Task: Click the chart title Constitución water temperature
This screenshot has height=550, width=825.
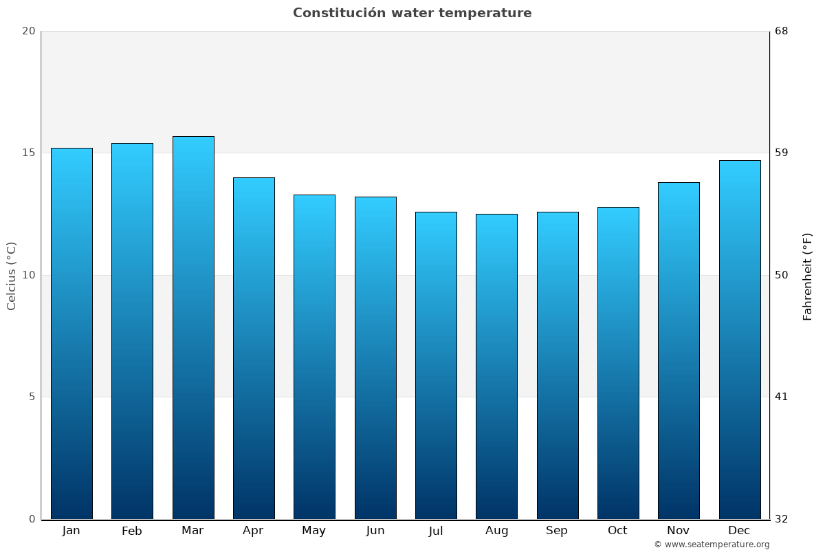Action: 412,13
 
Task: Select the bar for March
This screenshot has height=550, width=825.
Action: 193,327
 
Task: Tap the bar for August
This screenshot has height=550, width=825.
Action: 496,366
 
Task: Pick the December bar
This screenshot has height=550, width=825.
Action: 740,340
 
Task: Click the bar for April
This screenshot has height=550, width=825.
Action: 254,348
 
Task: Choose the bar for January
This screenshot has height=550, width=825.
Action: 71,333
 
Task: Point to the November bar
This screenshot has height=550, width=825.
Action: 679,351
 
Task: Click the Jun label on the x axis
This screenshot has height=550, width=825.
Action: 375,531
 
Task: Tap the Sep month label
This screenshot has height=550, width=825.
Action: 557,531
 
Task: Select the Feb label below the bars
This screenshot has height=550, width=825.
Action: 132,531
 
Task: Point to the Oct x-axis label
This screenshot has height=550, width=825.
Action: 617,531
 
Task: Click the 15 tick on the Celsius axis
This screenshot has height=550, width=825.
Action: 28,153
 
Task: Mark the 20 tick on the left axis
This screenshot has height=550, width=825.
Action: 28,31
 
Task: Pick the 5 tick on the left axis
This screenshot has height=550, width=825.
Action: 32,397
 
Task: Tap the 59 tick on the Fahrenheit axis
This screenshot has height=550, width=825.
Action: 781,153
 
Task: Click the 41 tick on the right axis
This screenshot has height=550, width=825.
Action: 781,397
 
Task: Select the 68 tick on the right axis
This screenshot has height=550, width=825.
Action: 781,31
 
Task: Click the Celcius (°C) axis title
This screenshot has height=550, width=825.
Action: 12,276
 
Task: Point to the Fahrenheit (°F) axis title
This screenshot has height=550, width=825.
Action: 808,276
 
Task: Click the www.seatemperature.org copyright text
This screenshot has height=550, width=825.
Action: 712,544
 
